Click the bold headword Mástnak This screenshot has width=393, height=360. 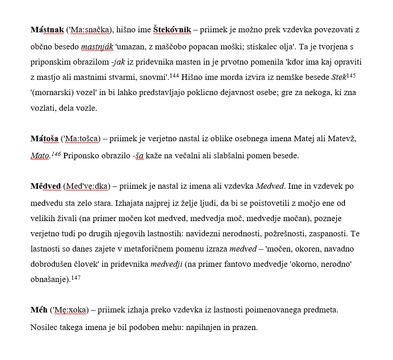point(47,30)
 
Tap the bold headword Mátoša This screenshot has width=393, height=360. point(44,139)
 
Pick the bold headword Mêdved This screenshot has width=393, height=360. point(46,186)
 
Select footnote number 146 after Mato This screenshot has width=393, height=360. point(56,154)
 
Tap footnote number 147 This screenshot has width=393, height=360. point(76,278)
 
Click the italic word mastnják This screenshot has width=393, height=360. point(97,47)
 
